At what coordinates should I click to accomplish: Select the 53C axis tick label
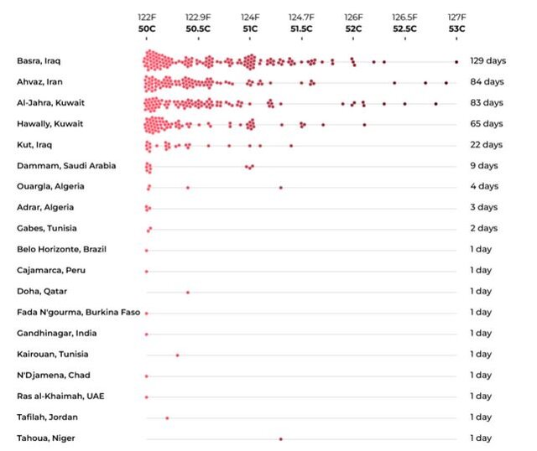point(456,29)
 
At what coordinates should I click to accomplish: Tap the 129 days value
point(486,61)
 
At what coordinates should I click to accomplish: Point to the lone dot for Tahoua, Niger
point(280,438)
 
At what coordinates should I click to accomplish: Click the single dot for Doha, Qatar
point(187,292)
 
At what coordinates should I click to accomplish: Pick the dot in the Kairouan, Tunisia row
point(177,355)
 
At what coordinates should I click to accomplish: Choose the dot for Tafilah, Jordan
point(167,417)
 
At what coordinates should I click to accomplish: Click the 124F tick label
point(250,17)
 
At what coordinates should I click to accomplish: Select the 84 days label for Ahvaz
point(486,82)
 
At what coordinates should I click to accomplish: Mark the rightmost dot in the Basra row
point(456,61)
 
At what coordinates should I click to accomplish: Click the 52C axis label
point(353,29)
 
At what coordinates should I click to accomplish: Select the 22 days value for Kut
point(486,145)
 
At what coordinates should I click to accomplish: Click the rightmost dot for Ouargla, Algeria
point(280,187)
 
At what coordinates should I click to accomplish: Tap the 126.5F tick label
point(404,17)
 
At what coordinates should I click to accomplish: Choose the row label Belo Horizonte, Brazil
point(62,250)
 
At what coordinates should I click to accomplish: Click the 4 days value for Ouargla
point(483,187)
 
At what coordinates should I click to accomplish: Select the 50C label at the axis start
point(147,29)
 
